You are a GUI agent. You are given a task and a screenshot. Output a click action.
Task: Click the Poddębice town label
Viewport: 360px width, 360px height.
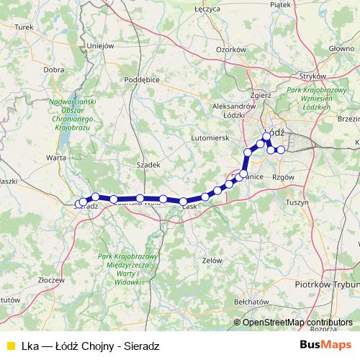pos(140,80)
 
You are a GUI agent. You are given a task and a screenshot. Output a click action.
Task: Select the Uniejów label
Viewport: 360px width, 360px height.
pos(100,45)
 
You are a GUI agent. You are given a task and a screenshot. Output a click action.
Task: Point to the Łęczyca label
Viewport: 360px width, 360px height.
pos(207,9)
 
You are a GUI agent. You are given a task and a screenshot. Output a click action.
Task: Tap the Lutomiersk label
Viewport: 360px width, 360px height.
pos(209,136)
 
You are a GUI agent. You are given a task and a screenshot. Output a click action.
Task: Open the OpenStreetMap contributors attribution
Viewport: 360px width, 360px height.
pos(297,323)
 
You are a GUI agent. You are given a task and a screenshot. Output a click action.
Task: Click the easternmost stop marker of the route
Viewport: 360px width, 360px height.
pos(281,150)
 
